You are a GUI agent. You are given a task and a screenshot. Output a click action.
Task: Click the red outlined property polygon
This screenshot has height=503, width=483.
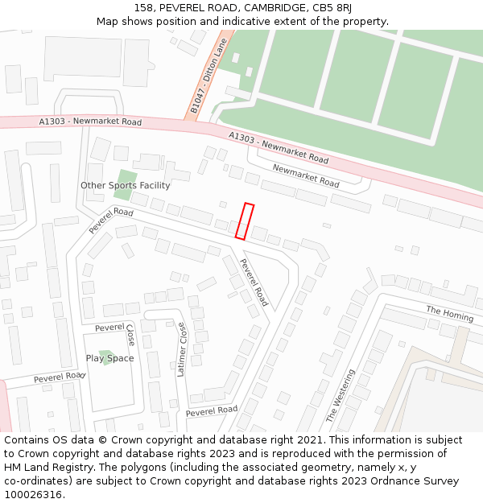(x=245, y=221)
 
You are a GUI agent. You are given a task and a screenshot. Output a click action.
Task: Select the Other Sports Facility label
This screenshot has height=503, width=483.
(x=125, y=186)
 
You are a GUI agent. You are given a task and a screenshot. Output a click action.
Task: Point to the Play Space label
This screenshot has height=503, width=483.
(x=109, y=358)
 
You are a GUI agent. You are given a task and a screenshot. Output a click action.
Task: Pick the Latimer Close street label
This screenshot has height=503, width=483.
(x=182, y=349)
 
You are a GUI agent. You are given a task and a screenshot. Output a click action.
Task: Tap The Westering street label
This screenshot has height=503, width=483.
(x=340, y=396)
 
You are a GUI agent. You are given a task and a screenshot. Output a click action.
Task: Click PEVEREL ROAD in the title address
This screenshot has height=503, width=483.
(x=198, y=8)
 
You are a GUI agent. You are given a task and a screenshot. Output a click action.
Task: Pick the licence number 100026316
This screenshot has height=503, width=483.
(x=34, y=495)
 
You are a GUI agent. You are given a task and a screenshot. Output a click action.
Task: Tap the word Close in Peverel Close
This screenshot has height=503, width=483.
(x=131, y=336)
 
